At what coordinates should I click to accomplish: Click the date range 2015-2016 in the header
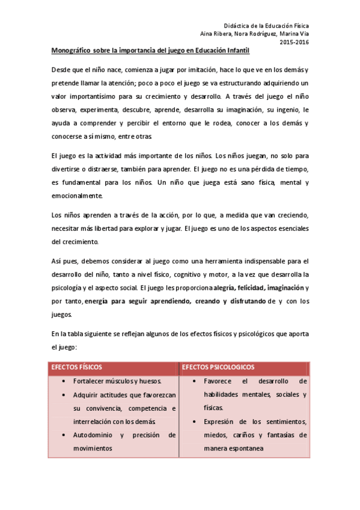pos(294,42)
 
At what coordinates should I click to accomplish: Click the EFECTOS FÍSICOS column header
pos(76,366)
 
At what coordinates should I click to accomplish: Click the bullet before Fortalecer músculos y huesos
pos(64,381)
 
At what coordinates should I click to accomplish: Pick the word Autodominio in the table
pos(91,434)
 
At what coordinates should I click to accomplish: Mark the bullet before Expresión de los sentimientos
pos(195,421)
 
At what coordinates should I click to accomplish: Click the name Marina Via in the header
pos(294,34)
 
